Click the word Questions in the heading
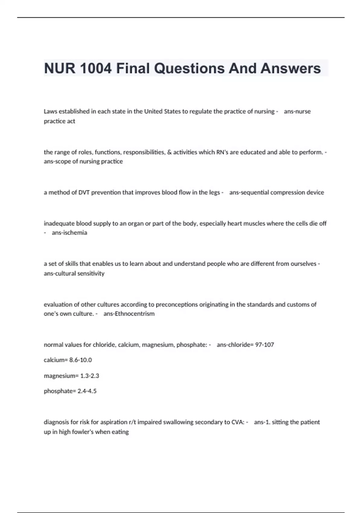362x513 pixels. click(189, 69)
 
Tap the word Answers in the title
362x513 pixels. click(291, 69)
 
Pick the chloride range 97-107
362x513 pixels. click(265, 345)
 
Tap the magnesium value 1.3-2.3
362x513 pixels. click(90, 376)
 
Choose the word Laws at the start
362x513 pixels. click(50, 111)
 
